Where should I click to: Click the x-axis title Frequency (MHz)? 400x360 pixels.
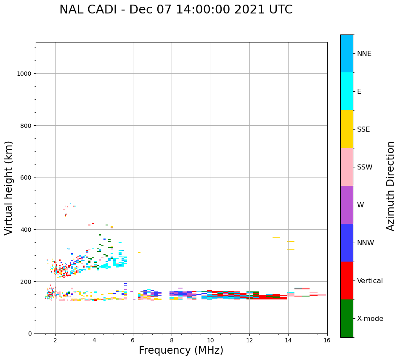181,350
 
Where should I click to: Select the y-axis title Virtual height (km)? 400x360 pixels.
9,188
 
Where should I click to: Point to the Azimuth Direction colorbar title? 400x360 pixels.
391,186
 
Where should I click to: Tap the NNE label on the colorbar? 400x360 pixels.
364,54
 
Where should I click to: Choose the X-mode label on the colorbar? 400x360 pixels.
370,319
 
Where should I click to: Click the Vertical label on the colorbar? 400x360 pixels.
370,281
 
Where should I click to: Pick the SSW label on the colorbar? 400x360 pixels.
365,167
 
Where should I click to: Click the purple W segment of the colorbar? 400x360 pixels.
347,205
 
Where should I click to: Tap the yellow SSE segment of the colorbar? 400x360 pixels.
347,129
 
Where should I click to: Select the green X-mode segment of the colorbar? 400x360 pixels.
347,318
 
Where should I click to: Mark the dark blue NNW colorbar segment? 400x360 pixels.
347,243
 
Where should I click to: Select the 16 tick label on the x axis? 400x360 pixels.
327,340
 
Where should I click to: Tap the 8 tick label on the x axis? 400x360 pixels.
172,340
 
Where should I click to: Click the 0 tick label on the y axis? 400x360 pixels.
29,334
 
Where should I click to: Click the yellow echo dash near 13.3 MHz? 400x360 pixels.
276,237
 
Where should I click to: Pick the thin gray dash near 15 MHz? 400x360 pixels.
306,242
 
